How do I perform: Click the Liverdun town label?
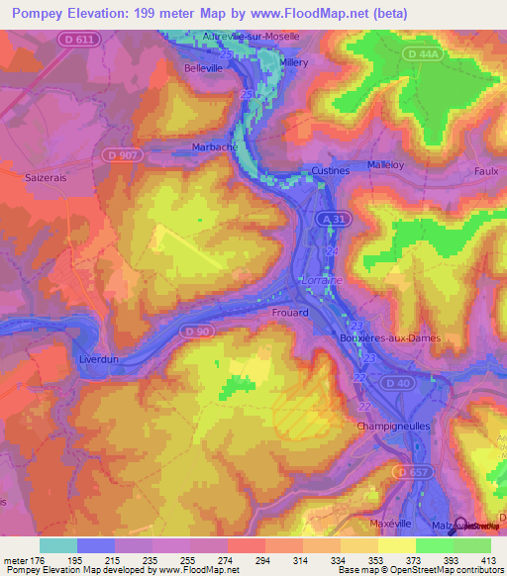click(98, 359)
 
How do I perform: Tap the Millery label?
click(293, 61)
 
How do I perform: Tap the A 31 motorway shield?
click(332, 217)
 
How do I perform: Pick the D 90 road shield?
click(197, 330)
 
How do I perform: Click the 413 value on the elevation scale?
click(486, 559)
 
